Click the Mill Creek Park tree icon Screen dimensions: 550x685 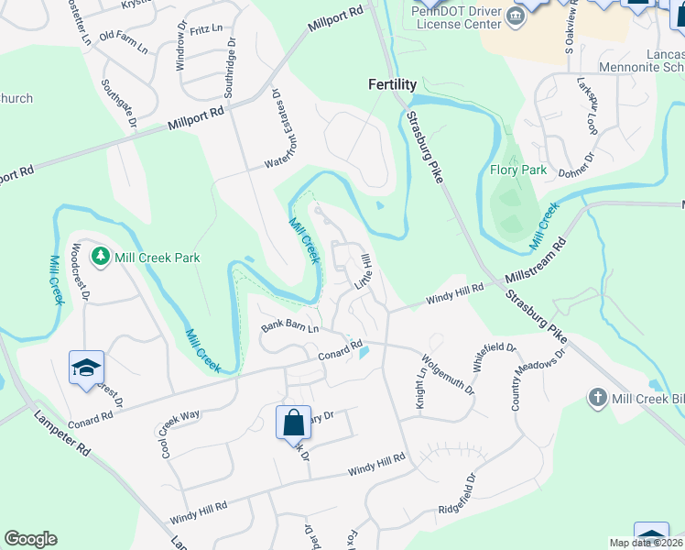tap(101, 258)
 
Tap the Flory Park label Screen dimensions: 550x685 tap(518, 170)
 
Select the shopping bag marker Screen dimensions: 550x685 tap(293, 423)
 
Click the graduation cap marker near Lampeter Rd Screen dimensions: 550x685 tap(87, 368)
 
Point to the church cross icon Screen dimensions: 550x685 tap(597, 397)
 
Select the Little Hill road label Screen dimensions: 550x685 tap(363, 271)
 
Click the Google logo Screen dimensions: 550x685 tap(30, 539)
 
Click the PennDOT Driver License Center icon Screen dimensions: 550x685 tap(516, 16)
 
